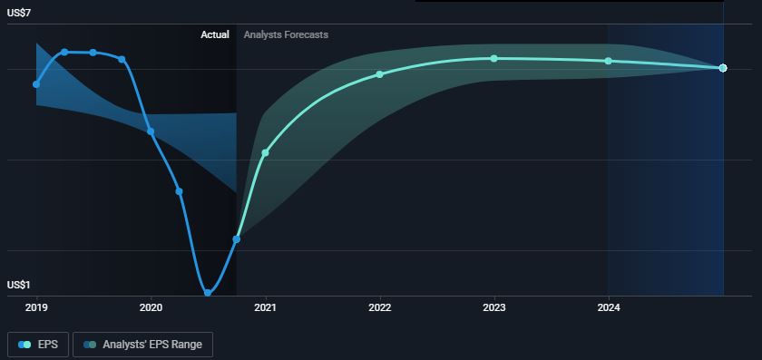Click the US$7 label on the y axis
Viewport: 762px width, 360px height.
click(x=19, y=14)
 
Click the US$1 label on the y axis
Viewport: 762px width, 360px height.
click(x=19, y=285)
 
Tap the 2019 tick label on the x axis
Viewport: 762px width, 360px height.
click(x=36, y=307)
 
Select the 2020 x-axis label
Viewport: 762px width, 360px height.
click(x=151, y=307)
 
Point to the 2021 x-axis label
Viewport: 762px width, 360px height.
click(x=265, y=307)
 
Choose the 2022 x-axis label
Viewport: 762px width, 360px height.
click(x=380, y=307)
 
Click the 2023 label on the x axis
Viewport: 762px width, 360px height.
click(x=494, y=307)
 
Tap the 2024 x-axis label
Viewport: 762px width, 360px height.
click(x=609, y=307)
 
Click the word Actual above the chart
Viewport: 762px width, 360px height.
click(x=215, y=35)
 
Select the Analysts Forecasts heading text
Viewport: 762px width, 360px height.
click(x=286, y=35)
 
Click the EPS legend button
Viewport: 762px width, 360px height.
click(x=38, y=345)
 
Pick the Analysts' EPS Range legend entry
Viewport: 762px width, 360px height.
click(x=143, y=345)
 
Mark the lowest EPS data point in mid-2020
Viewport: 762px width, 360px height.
click(x=208, y=293)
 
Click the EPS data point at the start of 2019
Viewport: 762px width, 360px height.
click(x=36, y=84)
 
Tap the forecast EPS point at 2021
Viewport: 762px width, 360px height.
click(x=265, y=152)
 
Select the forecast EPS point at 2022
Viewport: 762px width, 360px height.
click(x=379, y=74)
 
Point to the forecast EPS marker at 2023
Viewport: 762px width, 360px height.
click(x=493, y=58)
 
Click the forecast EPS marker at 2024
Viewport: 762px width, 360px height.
click(x=608, y=61)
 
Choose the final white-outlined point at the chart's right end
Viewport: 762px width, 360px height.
click(x=723, y=68)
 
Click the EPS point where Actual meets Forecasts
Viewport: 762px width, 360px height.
click(x=237, y=239)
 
